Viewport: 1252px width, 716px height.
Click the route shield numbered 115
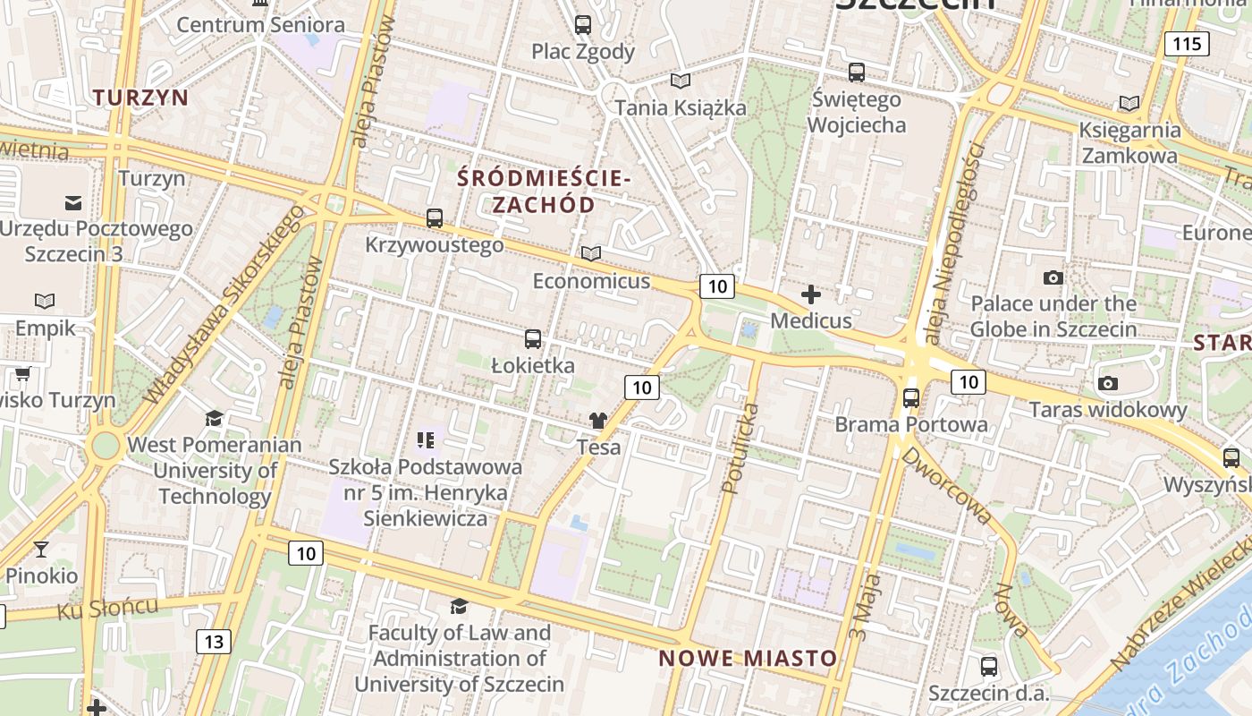click(1187, 43)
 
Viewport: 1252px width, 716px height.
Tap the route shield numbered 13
click(213, 641)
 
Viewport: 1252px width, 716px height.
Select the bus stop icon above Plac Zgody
click(583, 25)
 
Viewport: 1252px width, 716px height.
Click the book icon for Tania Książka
click(681, 81)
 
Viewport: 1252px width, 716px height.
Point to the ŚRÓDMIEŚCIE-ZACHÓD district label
click(544, 192)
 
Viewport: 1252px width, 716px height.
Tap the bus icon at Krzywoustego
click(435, 217)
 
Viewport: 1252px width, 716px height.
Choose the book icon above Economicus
click(591, 254)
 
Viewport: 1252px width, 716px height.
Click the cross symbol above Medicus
click(811, 294)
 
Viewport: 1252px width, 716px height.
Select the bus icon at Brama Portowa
click(911, 397)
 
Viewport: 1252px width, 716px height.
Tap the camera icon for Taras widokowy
click(1108, 383)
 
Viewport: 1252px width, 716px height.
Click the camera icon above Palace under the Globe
click(1053, 277)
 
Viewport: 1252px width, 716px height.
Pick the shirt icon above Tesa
click(598, 420)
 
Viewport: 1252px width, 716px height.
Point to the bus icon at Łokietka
click(533, 338)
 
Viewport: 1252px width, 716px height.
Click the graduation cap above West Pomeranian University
click(214, 418)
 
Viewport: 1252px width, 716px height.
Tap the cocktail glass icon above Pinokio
click(41, 549)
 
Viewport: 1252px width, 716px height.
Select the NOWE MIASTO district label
click(748, 659)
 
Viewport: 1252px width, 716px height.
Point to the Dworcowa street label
click(946, 486)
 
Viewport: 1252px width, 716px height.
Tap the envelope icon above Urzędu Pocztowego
click(73, 202)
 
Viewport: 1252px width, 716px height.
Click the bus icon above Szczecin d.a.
click(988, 666)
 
